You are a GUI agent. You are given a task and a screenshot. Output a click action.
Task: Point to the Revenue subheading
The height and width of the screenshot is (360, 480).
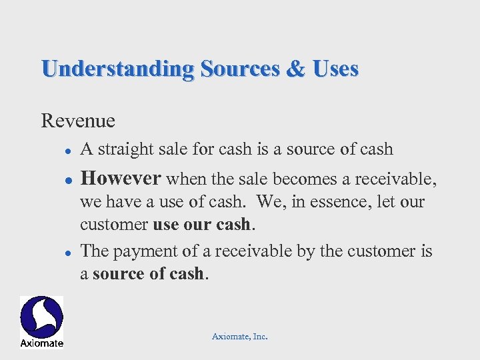click(78, 121)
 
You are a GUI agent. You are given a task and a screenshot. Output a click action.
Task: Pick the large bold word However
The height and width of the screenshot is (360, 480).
click(121, 178)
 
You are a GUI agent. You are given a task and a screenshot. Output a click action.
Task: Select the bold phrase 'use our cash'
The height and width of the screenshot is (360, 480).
click(203, 223)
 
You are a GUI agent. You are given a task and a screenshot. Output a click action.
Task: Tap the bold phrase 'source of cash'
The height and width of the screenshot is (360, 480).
click(147, 273)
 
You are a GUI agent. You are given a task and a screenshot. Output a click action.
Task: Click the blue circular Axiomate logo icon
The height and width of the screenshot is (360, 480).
click(41, 317)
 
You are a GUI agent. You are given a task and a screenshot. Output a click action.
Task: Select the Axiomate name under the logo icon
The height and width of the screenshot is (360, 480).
click(41, 343)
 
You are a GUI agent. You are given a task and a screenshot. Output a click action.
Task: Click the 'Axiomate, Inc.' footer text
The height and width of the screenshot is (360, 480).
click(239, 337)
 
